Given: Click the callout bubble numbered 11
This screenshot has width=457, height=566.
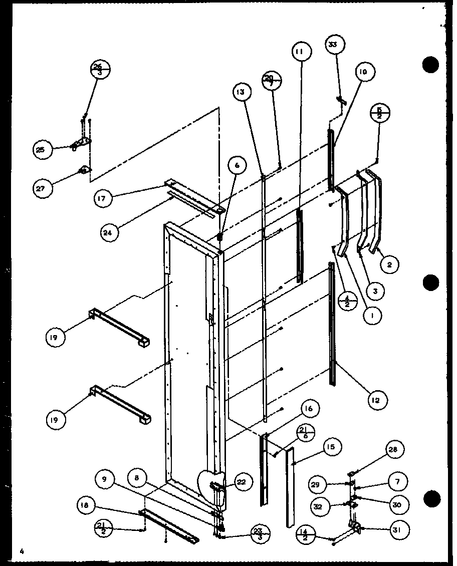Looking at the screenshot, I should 302,52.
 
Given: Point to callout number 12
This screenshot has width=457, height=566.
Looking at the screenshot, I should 375,400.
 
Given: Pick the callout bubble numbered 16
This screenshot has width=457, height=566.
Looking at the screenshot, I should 309,409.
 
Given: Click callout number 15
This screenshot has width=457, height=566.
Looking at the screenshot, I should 332,446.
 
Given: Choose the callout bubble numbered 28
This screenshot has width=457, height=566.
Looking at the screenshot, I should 394,450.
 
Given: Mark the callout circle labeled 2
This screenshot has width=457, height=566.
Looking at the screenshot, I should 389,264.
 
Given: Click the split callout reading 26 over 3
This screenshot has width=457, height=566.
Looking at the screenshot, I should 100,69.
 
